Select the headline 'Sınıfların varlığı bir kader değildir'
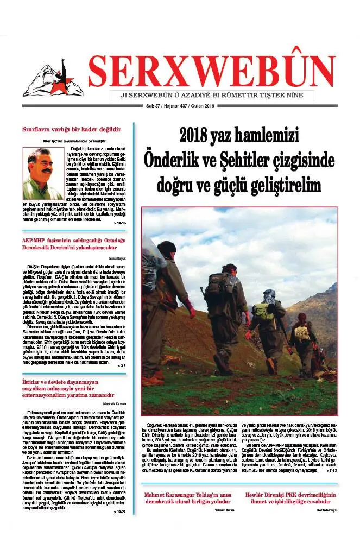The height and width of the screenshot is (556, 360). click(x=71, y=129)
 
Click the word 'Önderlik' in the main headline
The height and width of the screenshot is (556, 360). click(x=172, y=160)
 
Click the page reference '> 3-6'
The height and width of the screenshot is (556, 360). click(x=121, y=367)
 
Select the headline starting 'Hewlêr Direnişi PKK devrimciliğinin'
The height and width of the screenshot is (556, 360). click(x=291, y=498)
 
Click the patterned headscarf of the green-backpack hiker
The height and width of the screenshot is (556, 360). click(x=269, y=296)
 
